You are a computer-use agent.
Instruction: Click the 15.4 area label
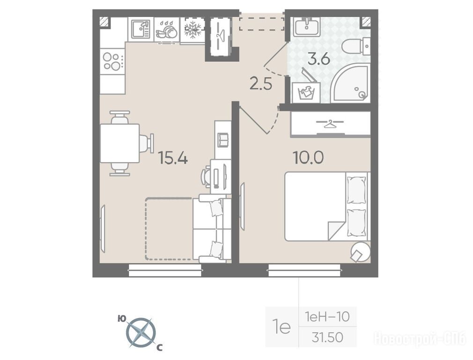173,158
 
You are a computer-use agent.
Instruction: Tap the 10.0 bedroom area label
308,157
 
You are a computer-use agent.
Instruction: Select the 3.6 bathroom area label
319,59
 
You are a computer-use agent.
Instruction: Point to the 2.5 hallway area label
261,84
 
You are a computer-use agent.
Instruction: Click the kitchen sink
141,29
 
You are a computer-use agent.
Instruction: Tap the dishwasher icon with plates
167,30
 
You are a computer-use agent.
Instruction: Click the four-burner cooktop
112,61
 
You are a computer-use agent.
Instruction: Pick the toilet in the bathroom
356,47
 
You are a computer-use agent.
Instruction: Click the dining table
120,143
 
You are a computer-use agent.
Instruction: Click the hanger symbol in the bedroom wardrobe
330,124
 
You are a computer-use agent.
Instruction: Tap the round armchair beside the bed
361,252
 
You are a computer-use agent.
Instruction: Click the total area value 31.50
328,337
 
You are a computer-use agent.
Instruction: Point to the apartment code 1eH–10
328,317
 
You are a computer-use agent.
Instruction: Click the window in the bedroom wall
304,270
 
